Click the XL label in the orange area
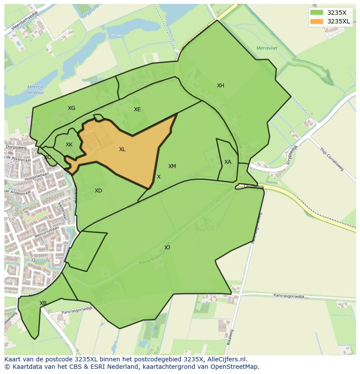click(122, 149)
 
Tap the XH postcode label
click(220, 86)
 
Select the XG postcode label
click(71, 108)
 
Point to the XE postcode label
click(137, 109)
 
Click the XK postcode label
click(69, 145)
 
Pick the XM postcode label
click(172, 166)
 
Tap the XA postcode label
click(228, 162)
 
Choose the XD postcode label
click(98, 191)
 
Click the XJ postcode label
click(167, 248)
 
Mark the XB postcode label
click(43, 303)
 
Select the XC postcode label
click(47, 157)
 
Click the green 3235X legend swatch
click(317, 13)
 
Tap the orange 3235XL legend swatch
click(317, 21)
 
